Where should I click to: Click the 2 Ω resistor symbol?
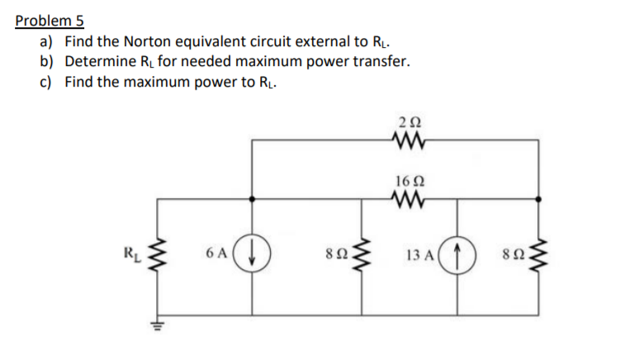click(409, 140)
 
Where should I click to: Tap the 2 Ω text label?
click(409, 122)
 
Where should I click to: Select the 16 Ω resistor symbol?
click(409, 198)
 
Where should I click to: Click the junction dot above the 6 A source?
click(251, 198)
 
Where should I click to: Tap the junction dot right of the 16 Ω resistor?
click(539, 198)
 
